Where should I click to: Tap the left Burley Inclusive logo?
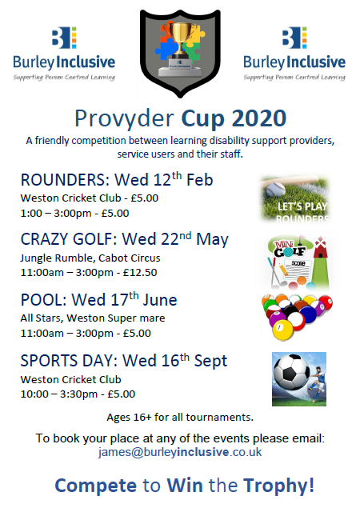click(64, 54)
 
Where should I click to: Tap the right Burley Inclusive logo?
click(294, 54)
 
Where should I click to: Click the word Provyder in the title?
click(125, 119)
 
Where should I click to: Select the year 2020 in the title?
click(259, 118)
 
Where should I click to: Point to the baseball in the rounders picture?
click(275, 190)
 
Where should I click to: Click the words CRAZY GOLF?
click(66, 239)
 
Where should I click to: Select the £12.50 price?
click(140, 272)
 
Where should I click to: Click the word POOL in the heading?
click(42, 300)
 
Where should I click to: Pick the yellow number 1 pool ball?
click(282, 329)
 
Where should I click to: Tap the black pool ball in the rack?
click(290, 311)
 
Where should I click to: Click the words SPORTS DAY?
click(66, 361)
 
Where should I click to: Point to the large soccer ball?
click(291, 372)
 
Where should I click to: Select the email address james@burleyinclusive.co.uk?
click(180, 452)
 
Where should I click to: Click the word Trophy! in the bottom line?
click(278, 486)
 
